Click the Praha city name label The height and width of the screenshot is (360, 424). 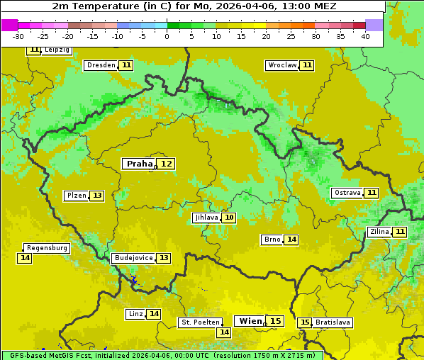(139, 164)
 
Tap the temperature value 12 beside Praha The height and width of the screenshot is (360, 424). (166, 164)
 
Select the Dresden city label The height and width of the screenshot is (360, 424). (101, 65)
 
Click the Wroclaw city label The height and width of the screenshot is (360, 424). (281, 65)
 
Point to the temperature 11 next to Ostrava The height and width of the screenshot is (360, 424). (372, 193)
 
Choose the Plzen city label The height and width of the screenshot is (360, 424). (76, 196)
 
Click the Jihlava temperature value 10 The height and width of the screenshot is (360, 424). (228, 218)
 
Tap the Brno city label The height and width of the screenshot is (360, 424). (272, 240)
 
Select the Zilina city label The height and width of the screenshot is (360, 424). (379, 232)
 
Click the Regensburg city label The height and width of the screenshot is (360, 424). (47, 248)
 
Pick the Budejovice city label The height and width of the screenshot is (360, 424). (133, 258)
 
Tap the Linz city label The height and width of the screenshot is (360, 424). (135, 314)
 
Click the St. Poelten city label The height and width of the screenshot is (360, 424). (201, 322)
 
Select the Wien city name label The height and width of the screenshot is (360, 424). (250, 321)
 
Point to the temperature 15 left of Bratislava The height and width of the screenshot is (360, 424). (305, 322)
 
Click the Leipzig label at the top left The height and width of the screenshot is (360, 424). (57, 50)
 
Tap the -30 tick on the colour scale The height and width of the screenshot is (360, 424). (18, 36)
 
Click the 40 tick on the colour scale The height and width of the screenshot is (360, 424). (365, 36)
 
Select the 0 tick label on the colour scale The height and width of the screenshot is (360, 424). (167, 36)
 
